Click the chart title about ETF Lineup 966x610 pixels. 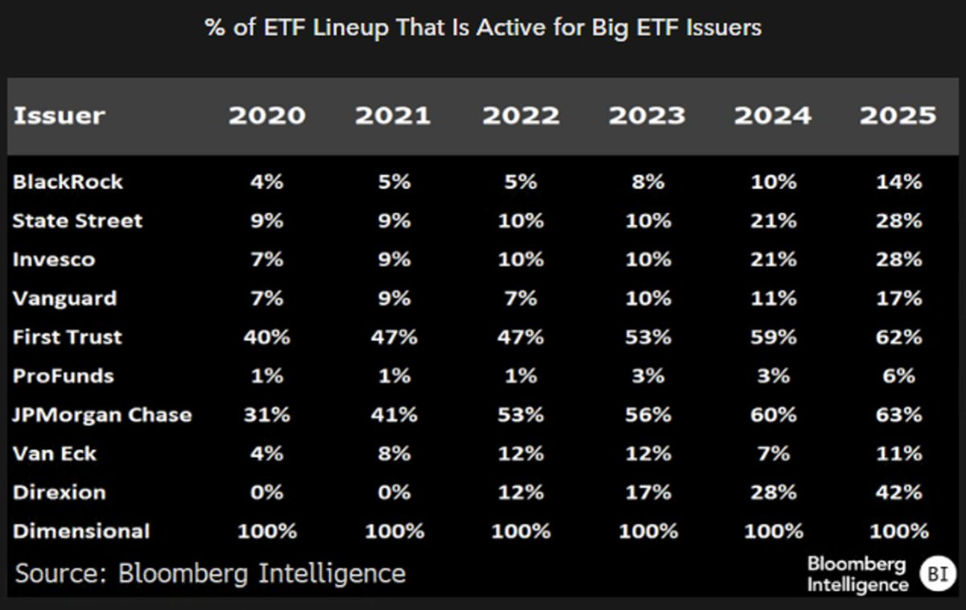pyautogui.click(x=483, y=29)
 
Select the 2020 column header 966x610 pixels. pyautogui.click(x=266, y=115)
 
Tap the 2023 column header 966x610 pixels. pyautogui.click(x=647, y=115)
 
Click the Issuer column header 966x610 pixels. pyautogui.click(x=59, y=115)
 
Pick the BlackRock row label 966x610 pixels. pyautogui.click(x=68, y=182)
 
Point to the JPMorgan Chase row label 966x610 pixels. pyautogui.click(x=102, y=415)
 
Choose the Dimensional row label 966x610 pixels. pyautogui.click(x=80, y=531)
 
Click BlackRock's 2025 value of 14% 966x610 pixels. pyautogui.click(x=898, y=182)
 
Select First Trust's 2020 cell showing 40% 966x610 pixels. pyautogui.click(x=266, y=337)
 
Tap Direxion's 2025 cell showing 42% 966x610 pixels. pyautogui.click(x=898, y=493)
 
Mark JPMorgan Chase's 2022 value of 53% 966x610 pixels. pyautogui.click(x=520, y=415)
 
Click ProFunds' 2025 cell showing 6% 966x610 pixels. pyautogui.click(x=898, y=376)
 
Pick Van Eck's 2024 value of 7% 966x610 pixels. pyautogui.click(x=773, y=454)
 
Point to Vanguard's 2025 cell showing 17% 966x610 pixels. pyautogui.click(x=898, y=299)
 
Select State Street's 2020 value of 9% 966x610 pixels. pyautogui.click(x=266, y=221)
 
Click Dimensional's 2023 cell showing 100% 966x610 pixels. pyautogui.click(x=647, y=531)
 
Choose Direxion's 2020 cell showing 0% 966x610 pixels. pyautogui.click(x=266, y=493)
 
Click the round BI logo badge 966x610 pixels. pyautogui.click(x=937, y=574)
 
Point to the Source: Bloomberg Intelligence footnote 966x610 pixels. pyautogui.click(x=210, y=574)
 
